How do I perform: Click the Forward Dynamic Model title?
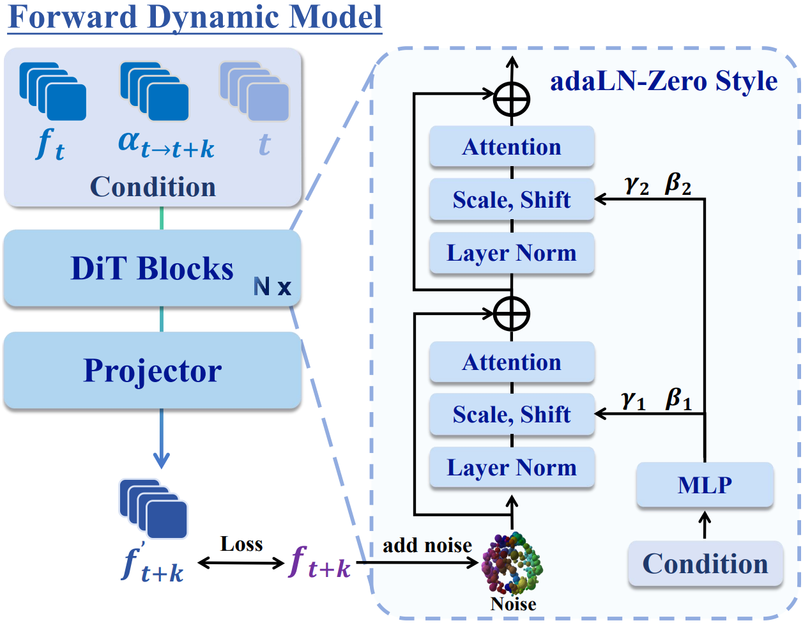point(195,17)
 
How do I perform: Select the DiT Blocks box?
point(152,268)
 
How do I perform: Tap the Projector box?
point(152,371)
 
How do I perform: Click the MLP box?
point(705,485)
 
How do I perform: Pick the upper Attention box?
point(512,147)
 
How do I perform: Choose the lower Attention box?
point(512,362)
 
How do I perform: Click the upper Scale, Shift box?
point(512,200)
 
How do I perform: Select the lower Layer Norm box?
point(512,468)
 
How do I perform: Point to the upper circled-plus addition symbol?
point(512,98)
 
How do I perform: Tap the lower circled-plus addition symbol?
point(512,313)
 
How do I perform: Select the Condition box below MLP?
point(705,564)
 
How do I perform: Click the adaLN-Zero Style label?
point(664,81)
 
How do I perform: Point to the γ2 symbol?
point(636,185)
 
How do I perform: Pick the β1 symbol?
point(678,399)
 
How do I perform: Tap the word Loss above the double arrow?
point(241,544)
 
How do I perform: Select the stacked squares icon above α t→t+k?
point(154,91)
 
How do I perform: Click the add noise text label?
point(427,545)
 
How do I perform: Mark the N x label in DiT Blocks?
point(272,286)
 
